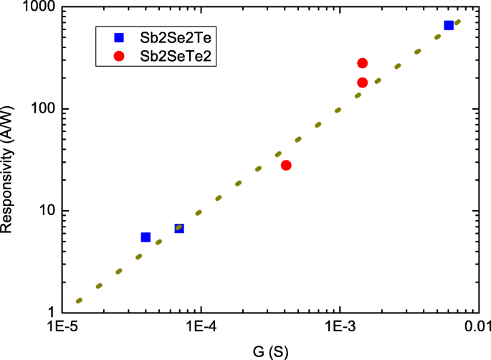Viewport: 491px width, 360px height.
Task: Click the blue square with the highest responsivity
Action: pos(449,25)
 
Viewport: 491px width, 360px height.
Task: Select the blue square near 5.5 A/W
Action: pos(146,237)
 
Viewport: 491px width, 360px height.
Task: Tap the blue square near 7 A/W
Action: pos(179,228)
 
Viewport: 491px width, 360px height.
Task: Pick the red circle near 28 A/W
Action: pos(286,165)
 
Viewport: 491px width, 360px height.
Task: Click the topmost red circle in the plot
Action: pos(362,63)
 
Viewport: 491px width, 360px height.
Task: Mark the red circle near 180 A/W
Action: pos(362,82)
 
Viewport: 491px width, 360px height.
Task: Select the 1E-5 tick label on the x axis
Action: pos(65,328)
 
